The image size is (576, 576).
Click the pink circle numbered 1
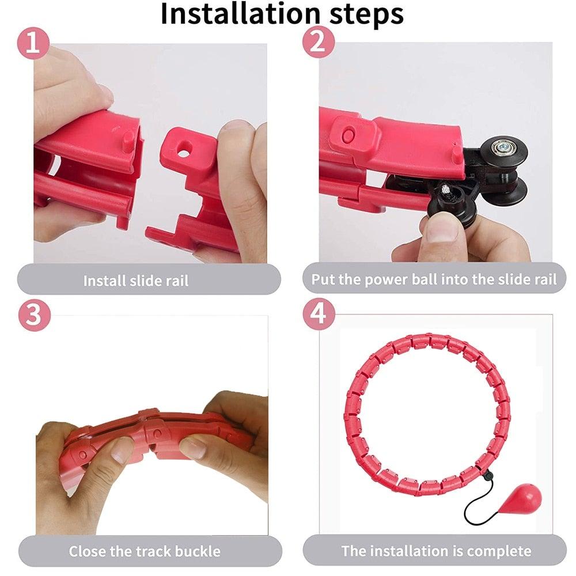[x=34, y=44]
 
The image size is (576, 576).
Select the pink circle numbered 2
[x=319, y=44]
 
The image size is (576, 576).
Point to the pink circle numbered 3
[x=34, y=315]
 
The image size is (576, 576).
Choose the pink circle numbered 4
[x=319, y=315]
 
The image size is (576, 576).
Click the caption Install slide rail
[x=136, y=281]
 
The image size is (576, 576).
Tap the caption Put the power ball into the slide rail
[x=434, y=280]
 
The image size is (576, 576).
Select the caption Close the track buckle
[x=145, y=551]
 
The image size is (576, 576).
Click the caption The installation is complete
[x=436, y=551]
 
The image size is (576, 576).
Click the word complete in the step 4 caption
[x=499, y=551]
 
